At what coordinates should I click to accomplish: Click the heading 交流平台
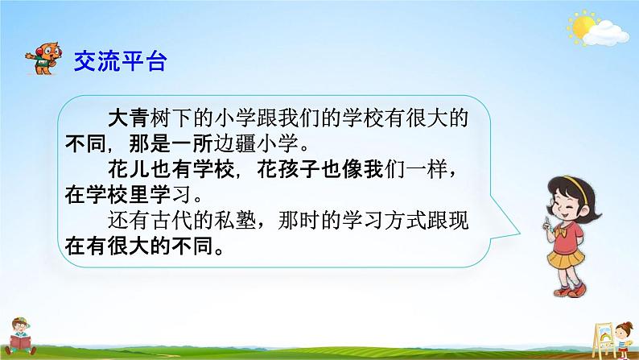[x=120, y=61]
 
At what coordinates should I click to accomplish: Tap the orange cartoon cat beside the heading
[x=44, y=59]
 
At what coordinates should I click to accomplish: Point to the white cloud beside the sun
[x=605, y=33]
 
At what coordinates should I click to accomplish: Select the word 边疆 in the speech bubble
[x=235, y=144]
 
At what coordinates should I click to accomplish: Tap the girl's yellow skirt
[x=566, y=258]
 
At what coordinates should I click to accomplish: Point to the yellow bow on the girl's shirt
[x=561, y=231]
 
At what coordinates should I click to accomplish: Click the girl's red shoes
[x=571, y=290]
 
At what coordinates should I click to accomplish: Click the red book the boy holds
[x=19, y=341]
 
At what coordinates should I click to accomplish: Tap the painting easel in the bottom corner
[x=603, y=339]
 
